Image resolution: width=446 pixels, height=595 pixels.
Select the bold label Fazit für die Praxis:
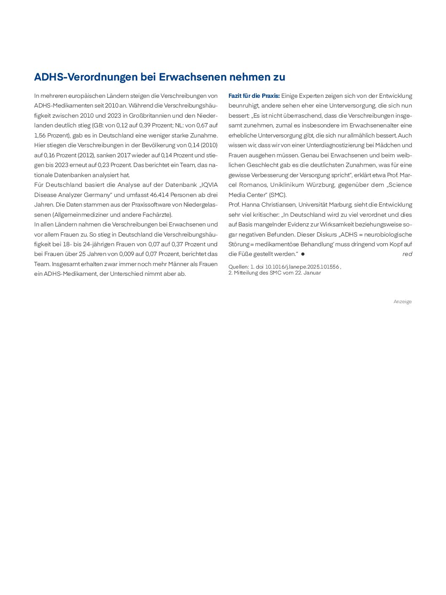coord(254,96)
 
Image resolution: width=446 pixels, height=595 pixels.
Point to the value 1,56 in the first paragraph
coord(40,135)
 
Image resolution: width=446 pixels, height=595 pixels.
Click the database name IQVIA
coord(210,185)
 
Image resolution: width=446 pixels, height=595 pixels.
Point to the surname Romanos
coord(253,185)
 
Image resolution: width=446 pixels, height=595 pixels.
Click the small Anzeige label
coord(402,302)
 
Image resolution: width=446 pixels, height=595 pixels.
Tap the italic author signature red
coord(407,254)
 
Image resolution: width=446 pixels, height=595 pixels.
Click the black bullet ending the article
coord(303,254)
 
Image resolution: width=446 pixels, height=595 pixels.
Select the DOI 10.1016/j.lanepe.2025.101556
coord(302,267)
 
